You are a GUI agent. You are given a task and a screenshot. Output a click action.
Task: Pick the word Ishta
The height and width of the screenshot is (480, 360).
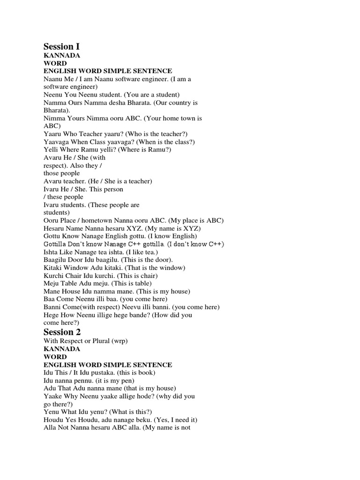coord(52,252)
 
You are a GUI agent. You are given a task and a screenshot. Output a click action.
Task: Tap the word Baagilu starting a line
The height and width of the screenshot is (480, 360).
coord(55,260)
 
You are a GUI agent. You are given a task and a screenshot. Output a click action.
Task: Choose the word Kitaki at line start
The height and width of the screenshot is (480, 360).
coord(53,268)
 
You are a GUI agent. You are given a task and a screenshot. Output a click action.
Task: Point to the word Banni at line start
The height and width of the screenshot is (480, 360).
coord(52,307)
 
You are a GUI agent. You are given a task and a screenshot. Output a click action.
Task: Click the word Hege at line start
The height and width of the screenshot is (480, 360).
coord(51,315)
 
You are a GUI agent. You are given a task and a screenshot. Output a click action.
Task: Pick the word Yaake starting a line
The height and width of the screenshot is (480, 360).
coord(53,396)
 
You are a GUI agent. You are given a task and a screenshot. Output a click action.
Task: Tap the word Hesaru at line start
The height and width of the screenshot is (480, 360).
coord(54,228)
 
